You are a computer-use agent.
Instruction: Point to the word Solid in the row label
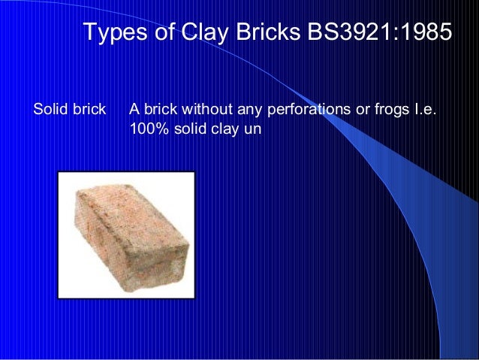tap(50, 110)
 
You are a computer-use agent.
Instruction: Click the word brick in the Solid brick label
tap(89, 110)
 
